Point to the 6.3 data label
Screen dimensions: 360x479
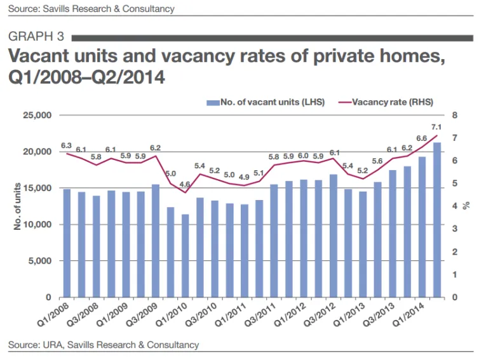point(66,145)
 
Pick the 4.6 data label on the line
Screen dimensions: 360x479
point(185,185)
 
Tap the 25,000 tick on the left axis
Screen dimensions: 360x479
point(37,116)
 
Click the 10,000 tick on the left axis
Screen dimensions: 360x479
point(37,225)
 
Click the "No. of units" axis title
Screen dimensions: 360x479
point(17,206)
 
